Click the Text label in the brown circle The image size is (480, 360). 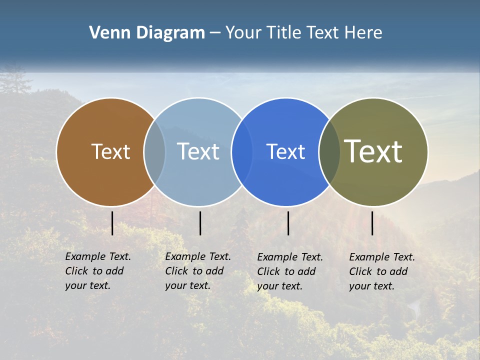click(x=110, y=151)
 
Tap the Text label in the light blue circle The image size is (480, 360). click(x=198, y=151)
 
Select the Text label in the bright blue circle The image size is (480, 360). click(x=285, y=151)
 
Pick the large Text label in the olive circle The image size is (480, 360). click(x=373, y=151)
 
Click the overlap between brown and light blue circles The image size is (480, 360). click(x=154, y=152)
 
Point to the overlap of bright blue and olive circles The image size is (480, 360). click(x=329, y=152)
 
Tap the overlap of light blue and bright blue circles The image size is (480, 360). click(x=242, y=152)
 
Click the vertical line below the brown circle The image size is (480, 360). click(x=112, y=223)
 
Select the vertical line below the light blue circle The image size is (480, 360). click(x=200, y=223)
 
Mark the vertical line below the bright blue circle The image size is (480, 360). click(x=288, y=223)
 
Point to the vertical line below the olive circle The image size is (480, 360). click(x=372, y=223)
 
